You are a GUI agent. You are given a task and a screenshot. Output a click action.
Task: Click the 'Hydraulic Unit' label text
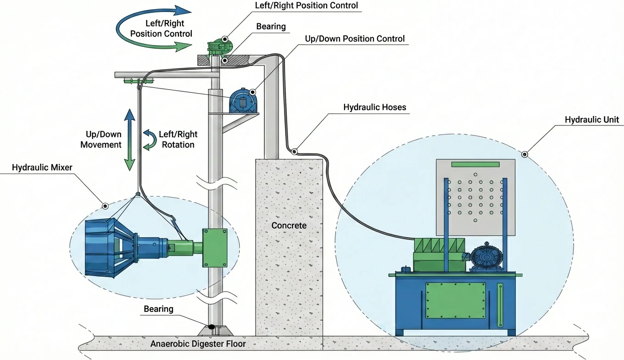591,120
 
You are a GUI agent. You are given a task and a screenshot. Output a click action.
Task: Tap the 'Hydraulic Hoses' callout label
374,107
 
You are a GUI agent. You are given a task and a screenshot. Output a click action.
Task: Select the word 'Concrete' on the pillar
289,225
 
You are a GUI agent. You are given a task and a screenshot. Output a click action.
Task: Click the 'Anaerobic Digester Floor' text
198,343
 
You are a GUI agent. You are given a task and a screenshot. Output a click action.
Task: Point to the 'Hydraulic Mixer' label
42,168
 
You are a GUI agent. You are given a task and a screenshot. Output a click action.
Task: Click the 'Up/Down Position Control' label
355,39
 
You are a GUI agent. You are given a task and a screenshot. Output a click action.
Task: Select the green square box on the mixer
215,247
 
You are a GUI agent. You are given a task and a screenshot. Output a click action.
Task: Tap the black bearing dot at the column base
212,327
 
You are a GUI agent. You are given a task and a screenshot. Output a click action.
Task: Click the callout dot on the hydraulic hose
294,151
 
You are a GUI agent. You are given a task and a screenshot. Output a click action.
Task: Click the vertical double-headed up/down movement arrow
130,140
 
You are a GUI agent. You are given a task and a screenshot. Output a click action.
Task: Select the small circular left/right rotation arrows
149,140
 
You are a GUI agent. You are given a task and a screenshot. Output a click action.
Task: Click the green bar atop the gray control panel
475,164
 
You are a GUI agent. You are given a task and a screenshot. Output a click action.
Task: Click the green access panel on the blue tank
455,300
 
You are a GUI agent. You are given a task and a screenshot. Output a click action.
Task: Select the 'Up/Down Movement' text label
101,140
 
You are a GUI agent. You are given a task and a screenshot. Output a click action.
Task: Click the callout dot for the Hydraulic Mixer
105,206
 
